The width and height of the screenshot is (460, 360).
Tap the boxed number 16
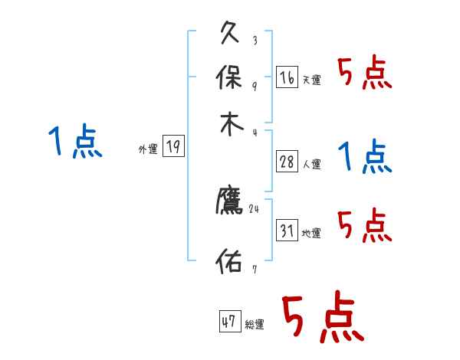pyautogui.click(x=287, y=77)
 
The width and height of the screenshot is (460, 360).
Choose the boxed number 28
pyautogui.click(x=287, y=162)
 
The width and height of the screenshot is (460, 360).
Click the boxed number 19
pyautogui.click(x=174, y=147)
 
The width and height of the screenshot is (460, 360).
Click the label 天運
pyautogui.click(x=311, y=80)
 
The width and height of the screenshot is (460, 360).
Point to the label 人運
pyautogui.click(x=311, y=164)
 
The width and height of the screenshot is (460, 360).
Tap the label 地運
pyautogui.click(x=311, y=233)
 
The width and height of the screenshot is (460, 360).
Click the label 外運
pyautogui.click(x=148, y=149)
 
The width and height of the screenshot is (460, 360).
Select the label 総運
pyautogui.click(x=254, y=324)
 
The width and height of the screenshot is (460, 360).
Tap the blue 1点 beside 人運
pyautogui.click(x=365, y=157)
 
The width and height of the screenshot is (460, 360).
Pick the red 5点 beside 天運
pyautogui.click(x=365, y=74)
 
